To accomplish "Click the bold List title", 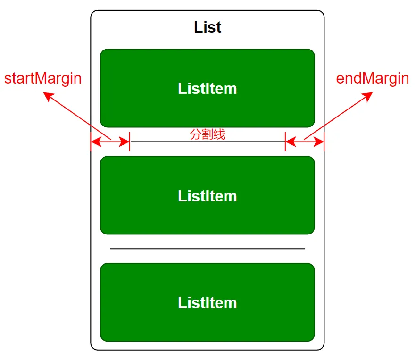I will click(x=208, y=27).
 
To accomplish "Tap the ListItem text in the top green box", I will click(x=208, y=89).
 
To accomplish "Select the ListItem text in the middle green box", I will click(x=208, y=196).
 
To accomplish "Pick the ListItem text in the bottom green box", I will click(x=208, y=302).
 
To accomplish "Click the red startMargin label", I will click(x=43, y=78).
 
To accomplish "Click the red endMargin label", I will click(x=372, y=78).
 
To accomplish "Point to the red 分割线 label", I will click(x=208, y=134).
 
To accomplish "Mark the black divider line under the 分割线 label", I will click(x=208, y=142).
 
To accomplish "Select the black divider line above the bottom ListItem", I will click(x=208, y=249).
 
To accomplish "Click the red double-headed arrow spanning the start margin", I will click(x=110, y=142).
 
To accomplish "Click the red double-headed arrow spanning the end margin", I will click(x=305, y=142).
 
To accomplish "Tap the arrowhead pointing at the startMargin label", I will click(x=47, y=96).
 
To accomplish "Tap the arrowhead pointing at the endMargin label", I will click(x=368, y=96).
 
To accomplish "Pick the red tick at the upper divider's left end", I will click(x=130, y=142).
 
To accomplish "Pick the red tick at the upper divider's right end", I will click(x=285, y=142).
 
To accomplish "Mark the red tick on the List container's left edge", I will click(x=91, y=142).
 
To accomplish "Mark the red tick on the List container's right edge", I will click(x=324, y=142).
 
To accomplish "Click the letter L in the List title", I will click(x=198, y=27).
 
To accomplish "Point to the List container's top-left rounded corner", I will click(x=93, y=13).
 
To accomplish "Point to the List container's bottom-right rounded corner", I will click(x=322, y=348).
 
